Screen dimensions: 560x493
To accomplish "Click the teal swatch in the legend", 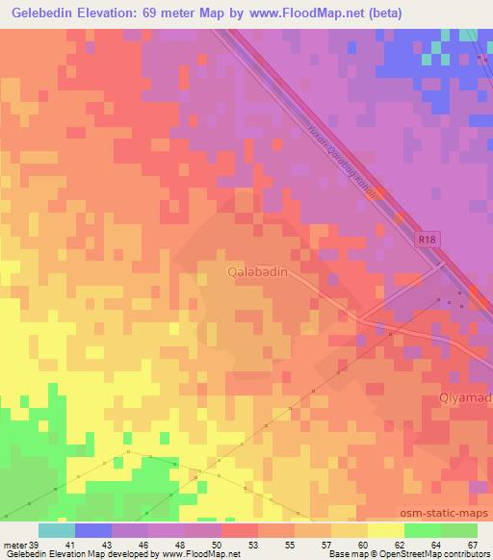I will point(57,529).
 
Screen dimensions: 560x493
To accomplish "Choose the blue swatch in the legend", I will point(93,529).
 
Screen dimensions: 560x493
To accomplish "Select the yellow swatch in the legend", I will point(386,529).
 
